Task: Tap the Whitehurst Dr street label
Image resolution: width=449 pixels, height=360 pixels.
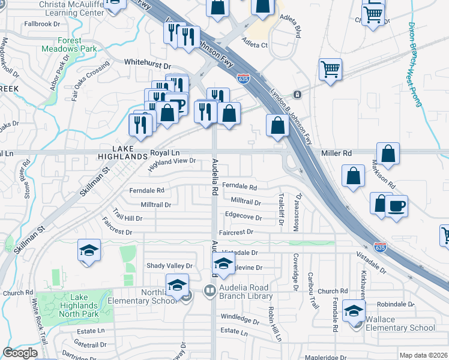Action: point(148,62)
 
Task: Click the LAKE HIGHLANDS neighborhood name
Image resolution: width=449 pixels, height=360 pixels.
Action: point(122,152)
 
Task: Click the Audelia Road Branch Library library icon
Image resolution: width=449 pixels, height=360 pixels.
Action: point(209,291)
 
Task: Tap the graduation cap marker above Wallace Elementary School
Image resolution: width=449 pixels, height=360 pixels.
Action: point(354,310)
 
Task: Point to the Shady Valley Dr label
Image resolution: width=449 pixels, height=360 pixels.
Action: point(170,265)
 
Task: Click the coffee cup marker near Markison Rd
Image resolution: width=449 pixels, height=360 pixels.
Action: point(396,206)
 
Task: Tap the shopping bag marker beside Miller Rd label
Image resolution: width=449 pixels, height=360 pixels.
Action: point(388,153)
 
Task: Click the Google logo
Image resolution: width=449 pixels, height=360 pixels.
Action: point(20,353)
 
